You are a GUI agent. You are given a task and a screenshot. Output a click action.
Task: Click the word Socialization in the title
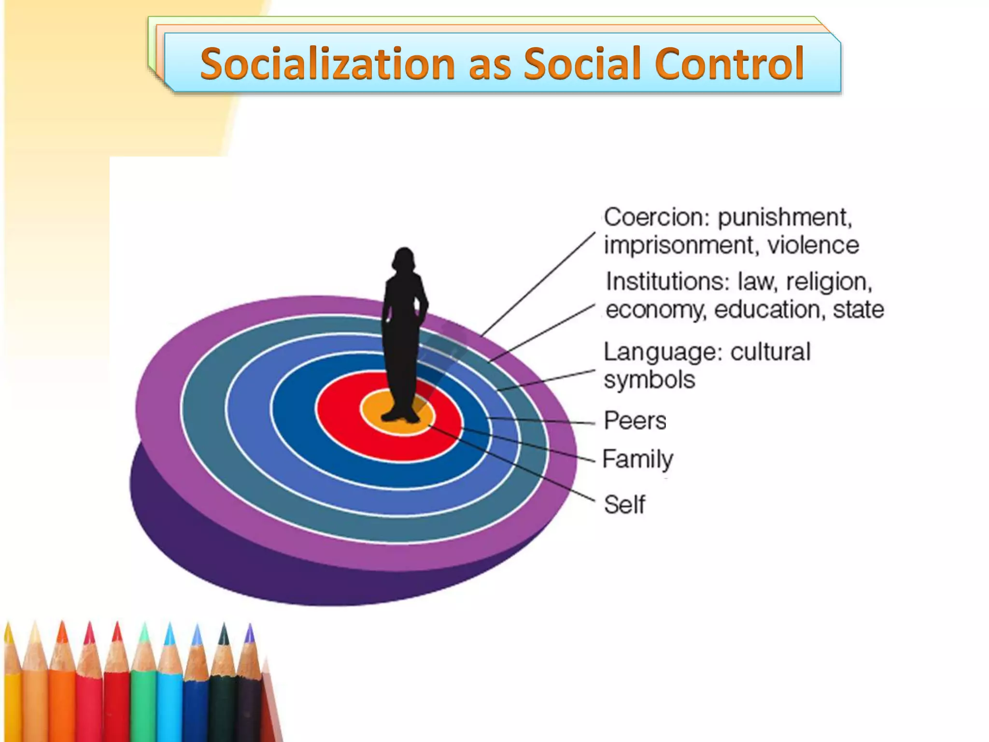[327, 63]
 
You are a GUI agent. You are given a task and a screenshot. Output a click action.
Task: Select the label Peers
[635, 421]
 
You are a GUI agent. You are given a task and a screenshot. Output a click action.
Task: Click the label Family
[637, 459]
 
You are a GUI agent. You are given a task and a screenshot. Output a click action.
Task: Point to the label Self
[624, 505]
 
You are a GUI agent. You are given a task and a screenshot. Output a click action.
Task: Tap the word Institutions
[667, 282]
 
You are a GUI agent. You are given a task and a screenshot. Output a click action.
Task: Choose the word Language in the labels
[663, 352]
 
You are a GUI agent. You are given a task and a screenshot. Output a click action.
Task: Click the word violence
[813, 245]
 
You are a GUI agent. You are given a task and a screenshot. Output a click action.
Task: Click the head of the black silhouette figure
[404, 261]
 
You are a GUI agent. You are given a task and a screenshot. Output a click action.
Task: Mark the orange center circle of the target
[372, 411]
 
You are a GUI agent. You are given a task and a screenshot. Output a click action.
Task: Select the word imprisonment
[679, 245]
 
